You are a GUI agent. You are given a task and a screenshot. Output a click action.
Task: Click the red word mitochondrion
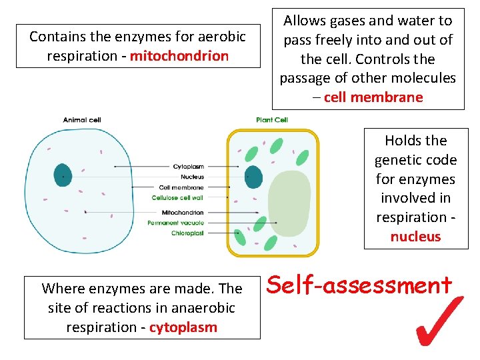[x=179, y=56]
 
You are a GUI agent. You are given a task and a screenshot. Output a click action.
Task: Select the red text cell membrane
[x=373, y=97]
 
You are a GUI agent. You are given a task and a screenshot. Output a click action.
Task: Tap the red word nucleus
[x=415, y=237]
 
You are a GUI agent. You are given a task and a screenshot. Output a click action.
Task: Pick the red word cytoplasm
[x=183, y=327]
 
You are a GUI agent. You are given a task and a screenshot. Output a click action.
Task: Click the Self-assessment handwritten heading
[x=359, y=285]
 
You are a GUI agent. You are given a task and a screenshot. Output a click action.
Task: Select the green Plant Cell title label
[x=272, y=120]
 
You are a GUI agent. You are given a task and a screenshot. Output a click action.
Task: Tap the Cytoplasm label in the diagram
[x=189, y=166]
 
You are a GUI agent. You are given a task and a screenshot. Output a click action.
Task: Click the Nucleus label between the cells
[x=192, y=177]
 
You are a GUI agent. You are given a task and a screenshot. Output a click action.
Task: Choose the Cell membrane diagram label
[x=181, y=187]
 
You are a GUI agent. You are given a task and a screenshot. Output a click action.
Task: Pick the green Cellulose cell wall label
[x=178, y=198]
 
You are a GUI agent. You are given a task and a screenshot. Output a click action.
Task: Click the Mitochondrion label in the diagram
[x=183, y=213]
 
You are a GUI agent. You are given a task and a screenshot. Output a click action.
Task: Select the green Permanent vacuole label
[x=175, y=223]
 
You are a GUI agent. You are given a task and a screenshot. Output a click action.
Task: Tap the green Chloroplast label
[x=187, y=233]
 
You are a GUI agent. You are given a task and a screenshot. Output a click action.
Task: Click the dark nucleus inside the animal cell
[x=63, y=175]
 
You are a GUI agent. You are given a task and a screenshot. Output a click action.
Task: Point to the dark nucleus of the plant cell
[x=254, y=177]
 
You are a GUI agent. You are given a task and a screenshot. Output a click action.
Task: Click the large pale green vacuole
[x=289, y=200]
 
